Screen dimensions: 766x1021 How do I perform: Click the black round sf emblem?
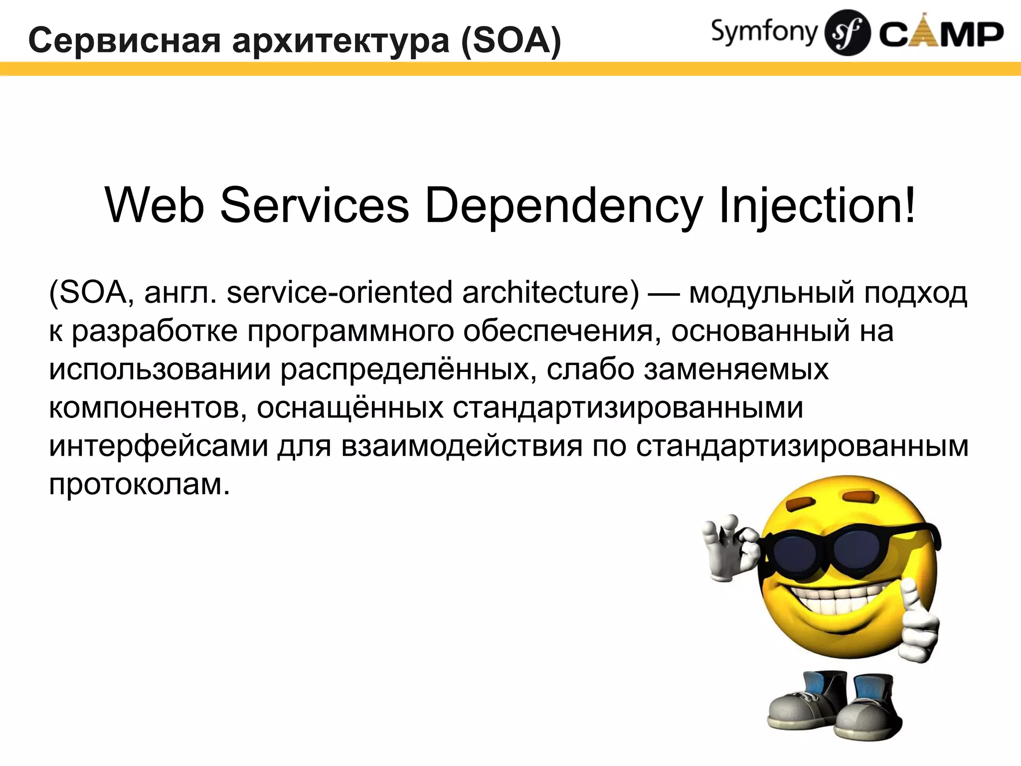[848, 33]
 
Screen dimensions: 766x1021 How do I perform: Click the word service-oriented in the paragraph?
[340, 293]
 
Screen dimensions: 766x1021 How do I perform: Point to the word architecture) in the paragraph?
[550, 293]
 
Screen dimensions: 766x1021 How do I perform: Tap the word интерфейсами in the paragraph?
[159, 447]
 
